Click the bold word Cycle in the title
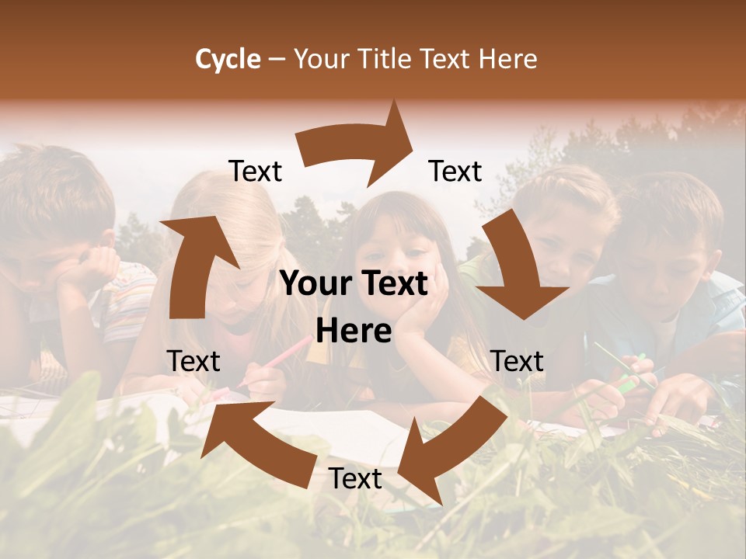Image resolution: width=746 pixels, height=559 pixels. (228, 59)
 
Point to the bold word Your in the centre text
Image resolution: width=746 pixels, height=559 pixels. (312, 284)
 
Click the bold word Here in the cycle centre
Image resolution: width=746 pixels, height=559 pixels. (354, 332)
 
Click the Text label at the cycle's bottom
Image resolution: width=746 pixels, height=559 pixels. (355, 479)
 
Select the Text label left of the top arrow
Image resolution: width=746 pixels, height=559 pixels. (255, 172)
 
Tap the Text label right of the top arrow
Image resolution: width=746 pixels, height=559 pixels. (455, 172)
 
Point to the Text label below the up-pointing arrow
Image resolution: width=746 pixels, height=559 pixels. (193, 361)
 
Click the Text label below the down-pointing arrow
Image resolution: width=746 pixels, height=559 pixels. (518, 361)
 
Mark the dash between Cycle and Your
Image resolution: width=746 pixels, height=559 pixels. (277, 59)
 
